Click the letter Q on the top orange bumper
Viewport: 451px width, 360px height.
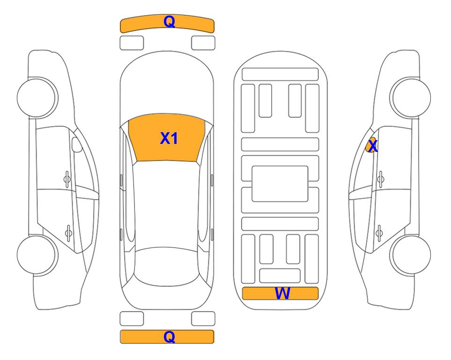pos(169,22)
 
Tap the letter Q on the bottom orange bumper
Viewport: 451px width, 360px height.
pos(169,337)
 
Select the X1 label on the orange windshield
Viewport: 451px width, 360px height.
pos(169,138)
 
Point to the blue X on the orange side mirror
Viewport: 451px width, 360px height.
pos(373,146)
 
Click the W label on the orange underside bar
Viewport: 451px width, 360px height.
pos(282,293)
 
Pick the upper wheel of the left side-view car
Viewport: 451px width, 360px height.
pos(37,97)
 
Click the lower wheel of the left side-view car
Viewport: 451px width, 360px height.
pos(37,255)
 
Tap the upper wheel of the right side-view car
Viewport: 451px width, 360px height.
pos(411,97)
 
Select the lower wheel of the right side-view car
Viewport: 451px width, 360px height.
pos(411,255)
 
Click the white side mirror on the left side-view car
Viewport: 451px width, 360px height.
pos(77,144)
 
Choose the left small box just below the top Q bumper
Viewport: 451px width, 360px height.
pos(132,43)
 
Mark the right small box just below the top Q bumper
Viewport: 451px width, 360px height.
pos(203,43)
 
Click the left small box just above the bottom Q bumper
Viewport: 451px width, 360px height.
pos(132,319)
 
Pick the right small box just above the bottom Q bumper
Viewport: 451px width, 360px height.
pos(203,319)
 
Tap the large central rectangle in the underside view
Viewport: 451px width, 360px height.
pos(280,184)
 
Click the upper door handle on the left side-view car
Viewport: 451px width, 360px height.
pos(67,180)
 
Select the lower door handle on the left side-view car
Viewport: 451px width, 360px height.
pos(68,232)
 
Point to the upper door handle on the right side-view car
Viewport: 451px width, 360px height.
pos(381,180)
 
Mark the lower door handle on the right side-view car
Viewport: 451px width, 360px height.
pos(379,232)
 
